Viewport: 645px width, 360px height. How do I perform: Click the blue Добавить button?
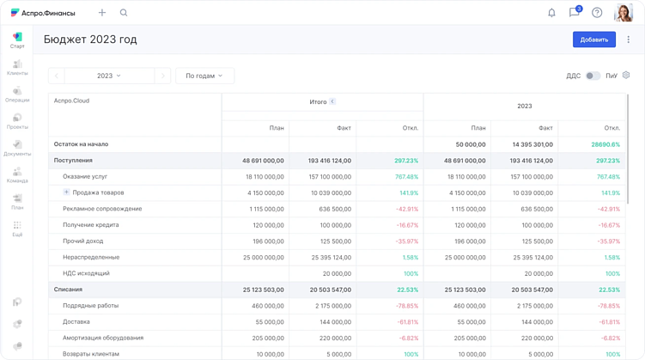(593, 40)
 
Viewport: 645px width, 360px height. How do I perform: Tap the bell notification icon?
(551, 13)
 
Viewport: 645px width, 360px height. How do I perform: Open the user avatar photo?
(624, 13)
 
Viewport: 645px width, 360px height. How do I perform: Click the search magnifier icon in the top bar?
(124, 13)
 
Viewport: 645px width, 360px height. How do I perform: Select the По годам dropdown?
(204, 76)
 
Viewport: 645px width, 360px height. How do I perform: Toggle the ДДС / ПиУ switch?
(593, 76)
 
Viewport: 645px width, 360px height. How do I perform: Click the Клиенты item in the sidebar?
(17, 68)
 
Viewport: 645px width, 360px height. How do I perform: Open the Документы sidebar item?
(17, 148)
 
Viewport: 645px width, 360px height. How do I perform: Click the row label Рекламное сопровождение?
(102, 209)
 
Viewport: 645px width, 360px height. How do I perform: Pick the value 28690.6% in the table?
(605, 144)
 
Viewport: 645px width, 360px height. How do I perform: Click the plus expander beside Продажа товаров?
(66, 192)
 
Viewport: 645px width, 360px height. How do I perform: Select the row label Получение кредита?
(90, 225)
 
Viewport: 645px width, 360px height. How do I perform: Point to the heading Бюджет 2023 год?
(90, 40)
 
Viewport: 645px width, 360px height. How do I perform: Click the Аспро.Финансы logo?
(43, 13)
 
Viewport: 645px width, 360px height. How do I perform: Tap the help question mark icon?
(597, 13)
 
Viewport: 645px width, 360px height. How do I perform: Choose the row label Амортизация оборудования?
(103, 338)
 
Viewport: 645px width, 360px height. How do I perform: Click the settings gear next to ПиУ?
(626, 76)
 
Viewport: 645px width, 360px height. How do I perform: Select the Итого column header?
(319, 101)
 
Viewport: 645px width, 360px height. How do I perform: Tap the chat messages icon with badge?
(574, 13)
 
